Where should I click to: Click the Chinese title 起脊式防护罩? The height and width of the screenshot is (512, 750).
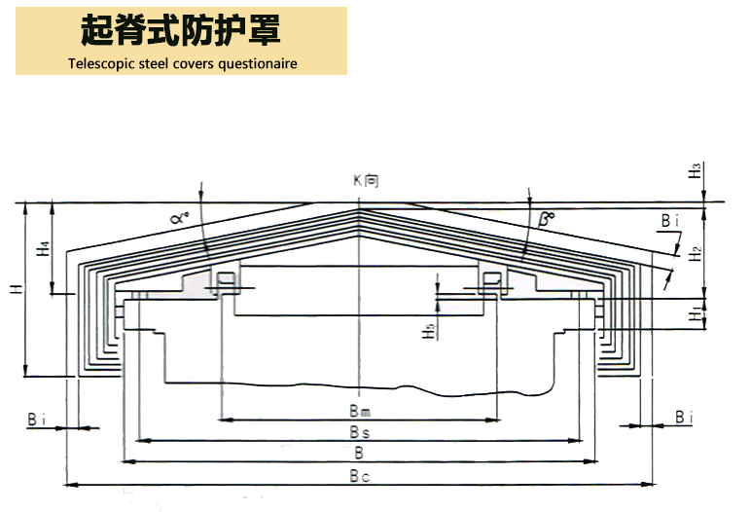coord(181,31)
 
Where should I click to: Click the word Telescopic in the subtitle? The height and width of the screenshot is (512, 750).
coord(101,64)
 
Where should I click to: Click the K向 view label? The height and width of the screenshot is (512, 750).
coord(366,180)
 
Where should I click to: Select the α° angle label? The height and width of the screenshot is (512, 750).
coord(179,218)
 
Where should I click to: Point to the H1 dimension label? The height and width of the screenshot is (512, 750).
coord(695,312)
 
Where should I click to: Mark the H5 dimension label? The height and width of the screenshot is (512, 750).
coord(428,330)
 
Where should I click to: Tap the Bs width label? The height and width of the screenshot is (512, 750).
coord(359,430)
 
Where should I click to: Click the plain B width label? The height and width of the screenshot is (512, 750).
coord(359,453)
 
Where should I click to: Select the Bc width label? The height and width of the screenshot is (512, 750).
coord(359,476)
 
